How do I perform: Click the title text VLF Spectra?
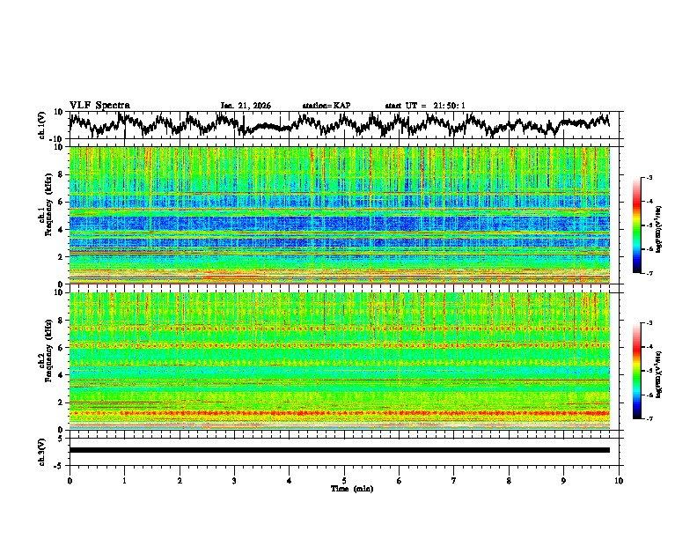(99, 105)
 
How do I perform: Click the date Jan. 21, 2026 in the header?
(246, 106)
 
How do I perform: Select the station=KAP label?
(326, 106)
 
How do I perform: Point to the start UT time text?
(424, 106)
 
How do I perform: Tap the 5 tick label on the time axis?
(344, 480)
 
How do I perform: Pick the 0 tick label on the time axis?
(70, 480)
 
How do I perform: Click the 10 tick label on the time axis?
(619, 480)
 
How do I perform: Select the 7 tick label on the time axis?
(454, 480)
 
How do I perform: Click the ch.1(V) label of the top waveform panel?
(41, 125)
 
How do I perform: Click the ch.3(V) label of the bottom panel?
(41, 449)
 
